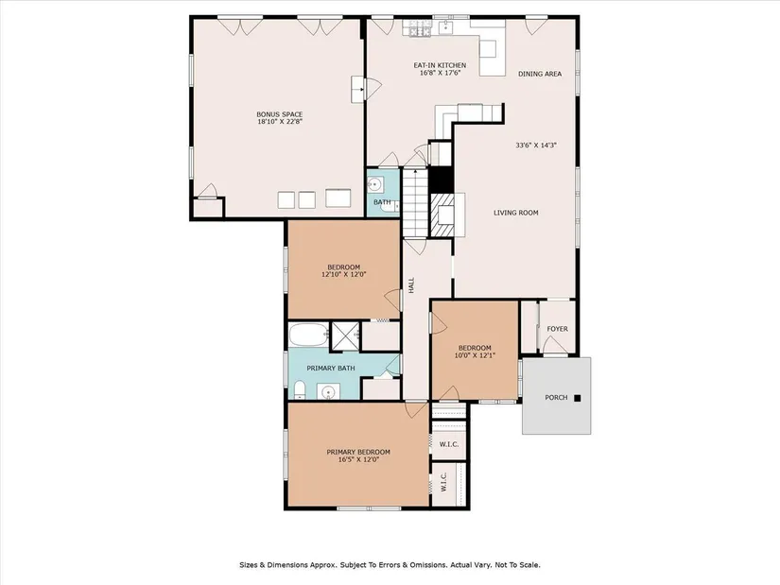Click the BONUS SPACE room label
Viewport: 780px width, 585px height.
[279, 114]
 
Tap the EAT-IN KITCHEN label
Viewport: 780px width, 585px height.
[440, 65]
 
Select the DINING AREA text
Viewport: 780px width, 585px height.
[540, 74]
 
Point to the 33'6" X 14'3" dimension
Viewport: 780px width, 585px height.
[536, 146]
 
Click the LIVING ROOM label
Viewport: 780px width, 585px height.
[516, 213]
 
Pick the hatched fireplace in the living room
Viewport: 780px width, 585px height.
[442, 215]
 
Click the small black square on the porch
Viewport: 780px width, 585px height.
[578, 398]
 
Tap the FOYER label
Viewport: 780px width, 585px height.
[557, 329]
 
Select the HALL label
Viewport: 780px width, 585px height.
[411, 285]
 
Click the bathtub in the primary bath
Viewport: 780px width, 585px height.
[308, 336]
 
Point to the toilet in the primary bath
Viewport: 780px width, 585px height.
[300, 390]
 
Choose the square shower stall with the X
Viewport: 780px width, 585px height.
[345, 336]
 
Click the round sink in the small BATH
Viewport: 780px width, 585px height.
[374, 186]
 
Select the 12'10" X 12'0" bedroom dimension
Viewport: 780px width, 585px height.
[344, 274]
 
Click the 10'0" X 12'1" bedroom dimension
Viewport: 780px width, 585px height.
[475, 355]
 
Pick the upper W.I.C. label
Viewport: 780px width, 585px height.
[449, 444]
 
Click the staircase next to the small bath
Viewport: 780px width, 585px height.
[415, 202]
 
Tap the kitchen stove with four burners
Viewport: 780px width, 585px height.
[420, 28]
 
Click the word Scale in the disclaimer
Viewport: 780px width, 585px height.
[530, 565]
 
